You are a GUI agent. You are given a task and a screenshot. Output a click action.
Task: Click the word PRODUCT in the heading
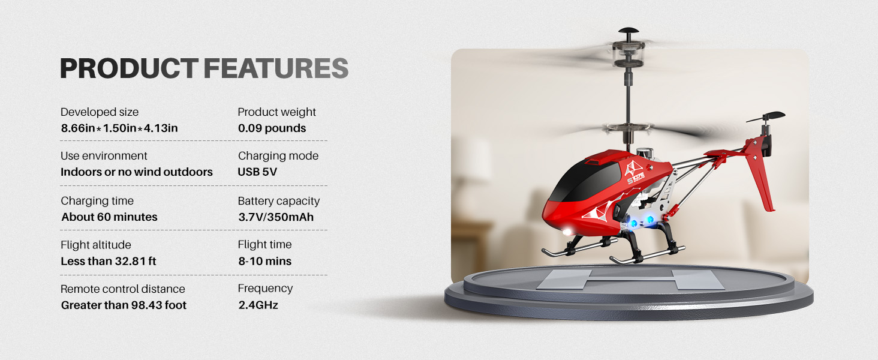tap(128, 69)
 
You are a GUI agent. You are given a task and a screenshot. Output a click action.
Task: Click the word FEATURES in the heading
tap(276, 69)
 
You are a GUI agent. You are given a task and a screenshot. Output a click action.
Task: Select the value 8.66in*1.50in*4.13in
tap(119, 128)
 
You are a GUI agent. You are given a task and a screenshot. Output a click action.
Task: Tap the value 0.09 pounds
tap(272, 128)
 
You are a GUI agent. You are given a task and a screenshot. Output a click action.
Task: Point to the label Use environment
tap(104, 156)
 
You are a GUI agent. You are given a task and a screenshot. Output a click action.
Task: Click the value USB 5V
tap(257, 172)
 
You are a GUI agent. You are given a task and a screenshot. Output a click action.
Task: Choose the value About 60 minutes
tap(109, 217)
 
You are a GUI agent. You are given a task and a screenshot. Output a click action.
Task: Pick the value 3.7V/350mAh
tap(276, 217)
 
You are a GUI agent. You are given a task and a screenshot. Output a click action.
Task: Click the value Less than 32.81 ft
tap(109, 262)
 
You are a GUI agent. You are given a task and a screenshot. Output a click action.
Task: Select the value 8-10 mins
tap(264, 262)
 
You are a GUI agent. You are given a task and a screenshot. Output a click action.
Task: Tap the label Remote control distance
tap(123, 289)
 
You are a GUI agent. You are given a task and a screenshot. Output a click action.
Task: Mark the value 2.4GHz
tap(258, 305)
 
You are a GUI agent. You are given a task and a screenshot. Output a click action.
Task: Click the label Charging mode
tap(278, 156)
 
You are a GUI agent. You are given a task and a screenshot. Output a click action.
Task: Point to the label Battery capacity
tap(279, 201)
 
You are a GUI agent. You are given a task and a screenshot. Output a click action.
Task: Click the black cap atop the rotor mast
tap(629, 31)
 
